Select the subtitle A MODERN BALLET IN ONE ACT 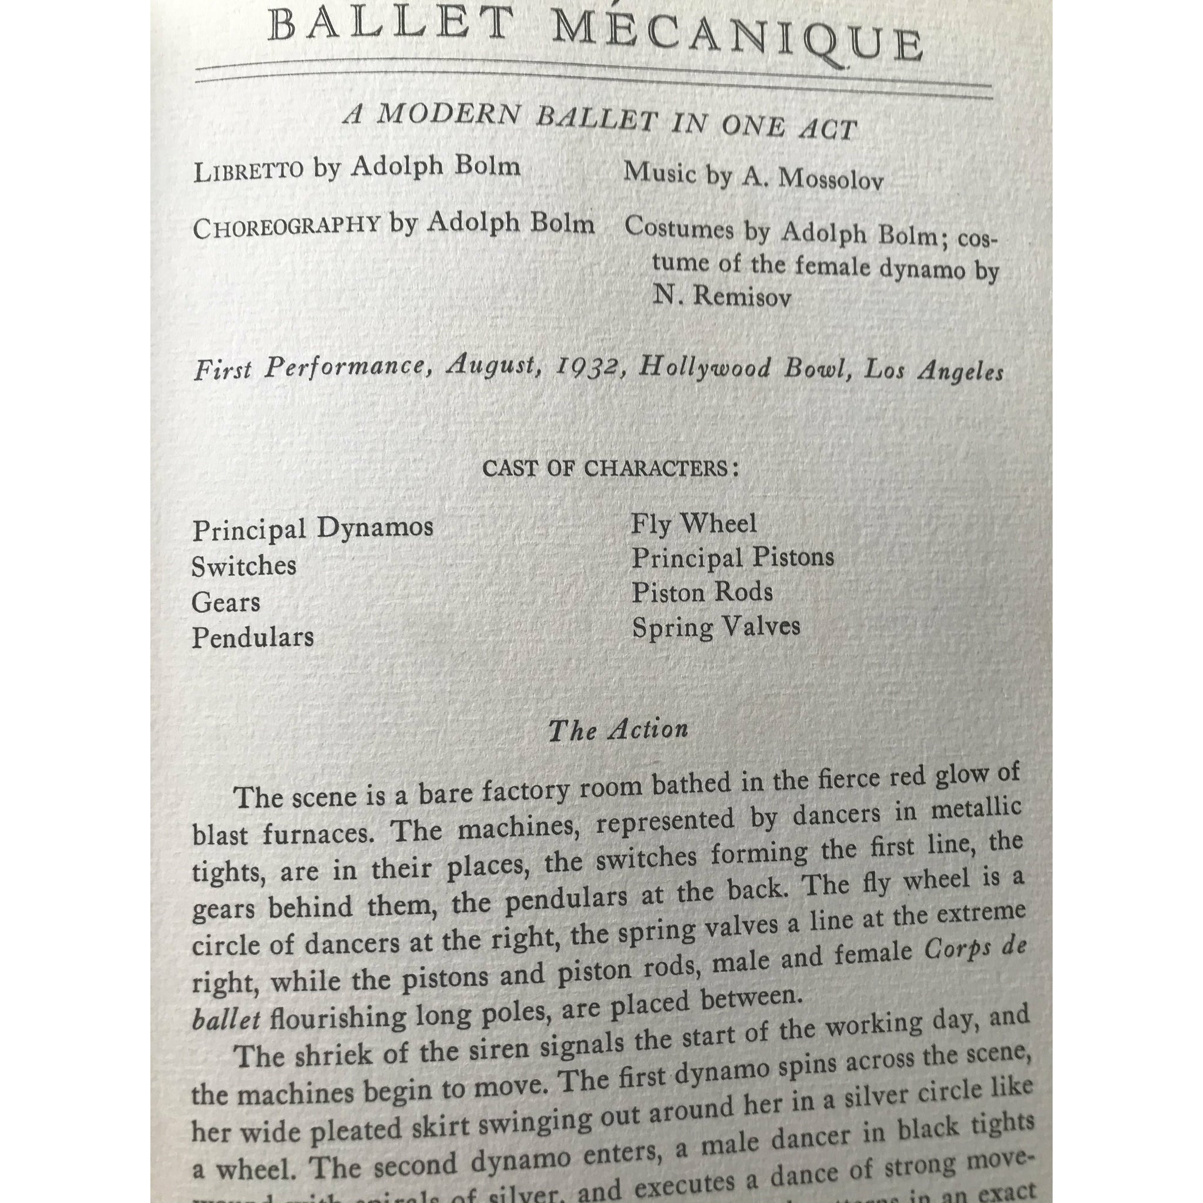600,122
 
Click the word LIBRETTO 248,170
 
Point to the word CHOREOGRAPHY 286,227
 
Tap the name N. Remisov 722,297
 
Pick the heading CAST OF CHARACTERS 610,468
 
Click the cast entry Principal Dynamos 312,529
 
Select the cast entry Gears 226,602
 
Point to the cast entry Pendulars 253,637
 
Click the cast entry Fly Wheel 694,523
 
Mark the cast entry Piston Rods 702,592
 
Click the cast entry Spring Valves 715,627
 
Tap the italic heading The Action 618,730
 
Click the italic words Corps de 974,950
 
